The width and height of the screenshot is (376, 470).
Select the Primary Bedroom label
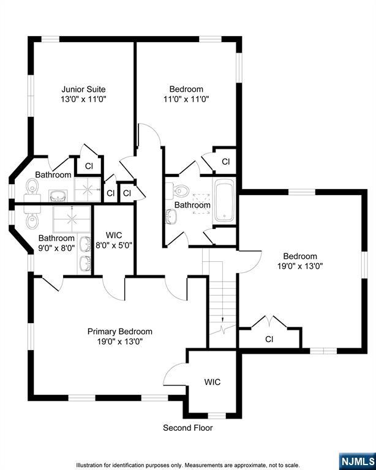pos(119,331)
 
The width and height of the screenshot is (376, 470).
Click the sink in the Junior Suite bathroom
pos(58,195)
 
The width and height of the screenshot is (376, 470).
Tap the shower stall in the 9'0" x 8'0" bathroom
pos(72,218)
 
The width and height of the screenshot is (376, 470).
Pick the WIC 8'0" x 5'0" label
pos(115,240)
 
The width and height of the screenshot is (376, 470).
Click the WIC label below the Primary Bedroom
pos(212,382)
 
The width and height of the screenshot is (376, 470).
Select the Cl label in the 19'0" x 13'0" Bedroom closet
pos(269,338)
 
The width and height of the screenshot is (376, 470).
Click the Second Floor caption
pos(187,428)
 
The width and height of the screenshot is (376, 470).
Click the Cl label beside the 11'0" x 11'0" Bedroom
pos(225,162)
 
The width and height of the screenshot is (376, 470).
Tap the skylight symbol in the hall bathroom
pos(198,198)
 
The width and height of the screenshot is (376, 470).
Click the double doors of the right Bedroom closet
pos(269,321)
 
